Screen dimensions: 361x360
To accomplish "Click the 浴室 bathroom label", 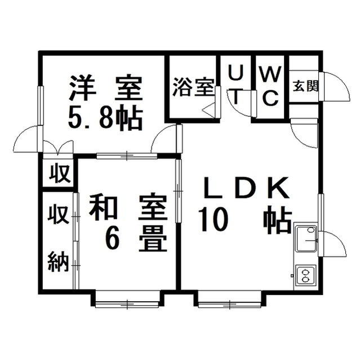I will click(193, 89).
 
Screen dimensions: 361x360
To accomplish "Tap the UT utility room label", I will click(237, 85).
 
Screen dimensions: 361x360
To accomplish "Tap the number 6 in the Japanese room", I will click(113, 239).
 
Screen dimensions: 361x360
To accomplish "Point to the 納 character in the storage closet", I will click(58, 262).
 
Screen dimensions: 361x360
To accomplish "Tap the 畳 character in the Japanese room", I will click(152, 239).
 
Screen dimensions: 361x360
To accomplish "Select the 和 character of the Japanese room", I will click(103, 208).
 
